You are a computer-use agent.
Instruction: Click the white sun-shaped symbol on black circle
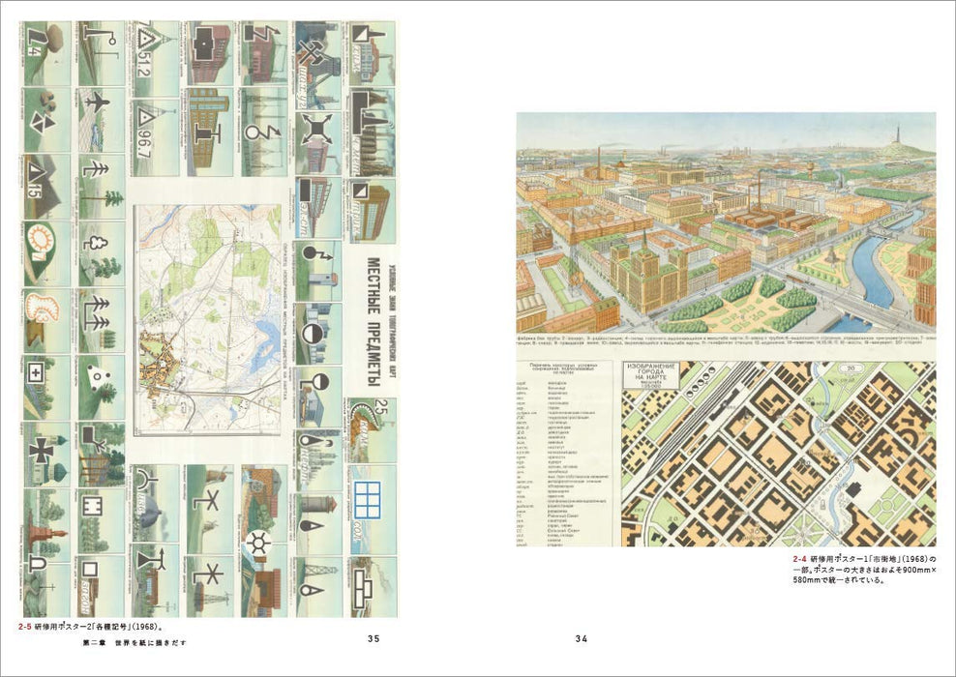(x=258, y=542)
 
